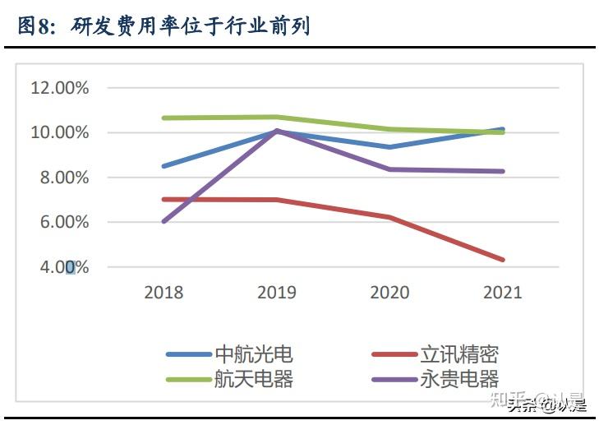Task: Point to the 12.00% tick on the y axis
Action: [59, 88]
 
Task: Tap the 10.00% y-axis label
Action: [59, 132]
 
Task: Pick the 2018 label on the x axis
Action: [164, 292]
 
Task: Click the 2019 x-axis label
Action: [277, 292]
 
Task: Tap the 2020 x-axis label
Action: [389, 292]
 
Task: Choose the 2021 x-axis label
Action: [502, 292]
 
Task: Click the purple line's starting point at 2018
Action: [164, 221]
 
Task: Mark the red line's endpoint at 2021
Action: [502, 260]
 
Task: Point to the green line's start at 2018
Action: [164, 118]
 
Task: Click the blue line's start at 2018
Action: [164, 166]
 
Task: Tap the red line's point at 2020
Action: [389, 217]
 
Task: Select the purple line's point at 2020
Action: [389, 169]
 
